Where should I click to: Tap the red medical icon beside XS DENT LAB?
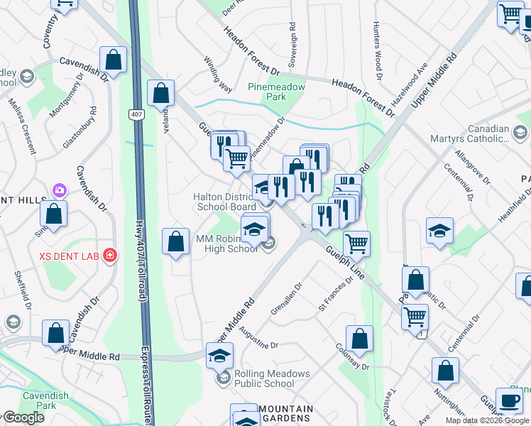[x=109, y=255]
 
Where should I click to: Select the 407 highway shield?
[x=136, y=114]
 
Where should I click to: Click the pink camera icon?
[x=59, y=190]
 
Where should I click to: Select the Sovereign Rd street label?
[x=292, y=41]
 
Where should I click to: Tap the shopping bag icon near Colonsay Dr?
[x=360, y=339]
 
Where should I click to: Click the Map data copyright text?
[x=487, y=420]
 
